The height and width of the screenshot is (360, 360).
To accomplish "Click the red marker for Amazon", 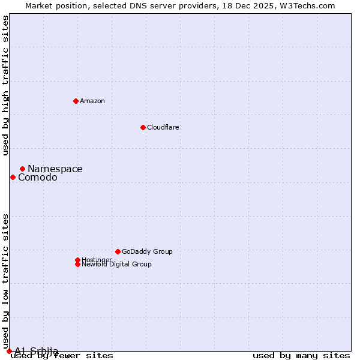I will coord(76,101).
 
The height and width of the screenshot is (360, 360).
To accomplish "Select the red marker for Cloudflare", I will coord(143,127).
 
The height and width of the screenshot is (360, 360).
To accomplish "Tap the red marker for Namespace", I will coord(22,169).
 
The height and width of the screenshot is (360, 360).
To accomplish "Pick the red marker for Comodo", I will coord(13,177).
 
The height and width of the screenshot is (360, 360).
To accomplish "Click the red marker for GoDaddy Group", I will coord(118,251).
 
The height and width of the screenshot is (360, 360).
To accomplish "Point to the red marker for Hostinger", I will coord(77,260).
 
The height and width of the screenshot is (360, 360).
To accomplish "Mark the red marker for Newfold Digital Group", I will coord(77,264).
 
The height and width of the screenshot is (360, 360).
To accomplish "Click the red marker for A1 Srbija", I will coord(9,351).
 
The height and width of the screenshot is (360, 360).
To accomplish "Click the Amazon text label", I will coord(92,101).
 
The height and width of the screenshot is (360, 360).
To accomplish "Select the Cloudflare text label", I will coord(163,127).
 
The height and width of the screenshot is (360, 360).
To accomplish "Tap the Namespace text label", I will coord(55,169).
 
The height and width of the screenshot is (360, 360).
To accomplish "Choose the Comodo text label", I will coord(38,178).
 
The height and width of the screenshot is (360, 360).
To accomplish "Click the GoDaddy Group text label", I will coord(147,251).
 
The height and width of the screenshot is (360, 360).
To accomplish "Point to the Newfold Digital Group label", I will coord(117,265).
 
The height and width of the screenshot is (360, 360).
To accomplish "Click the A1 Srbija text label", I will coord(37,351).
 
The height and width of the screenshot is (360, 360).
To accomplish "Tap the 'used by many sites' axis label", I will coord(301,356).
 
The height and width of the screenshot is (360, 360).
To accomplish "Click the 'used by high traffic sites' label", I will coord(6,85).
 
